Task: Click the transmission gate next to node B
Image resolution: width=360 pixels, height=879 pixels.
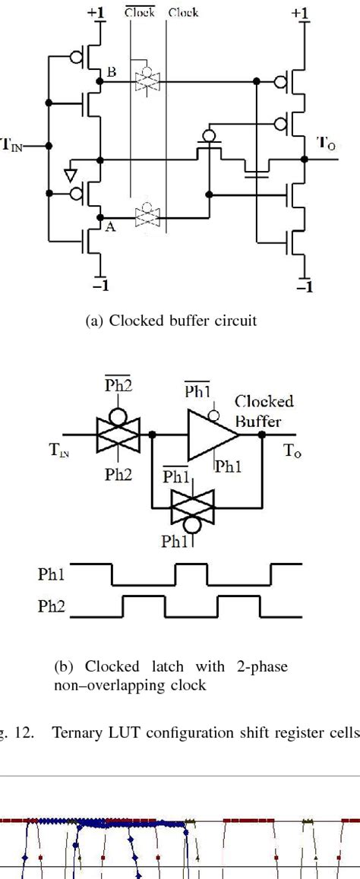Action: coord(145,79)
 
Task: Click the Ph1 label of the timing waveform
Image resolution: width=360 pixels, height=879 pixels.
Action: coord(52,573)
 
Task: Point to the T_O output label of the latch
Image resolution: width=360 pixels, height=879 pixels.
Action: coord(292,451)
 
